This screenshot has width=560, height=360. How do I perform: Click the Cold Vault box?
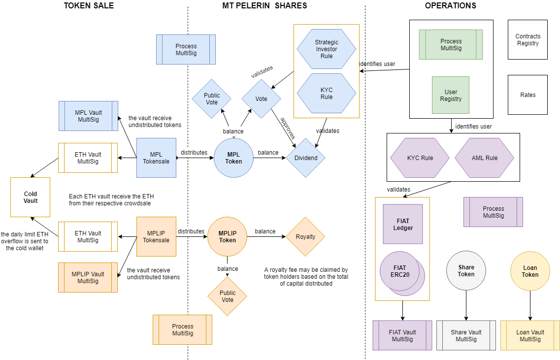tap(31, 197)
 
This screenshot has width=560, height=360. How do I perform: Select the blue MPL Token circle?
tap(233, 158)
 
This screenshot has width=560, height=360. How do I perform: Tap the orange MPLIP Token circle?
tap(227, 237)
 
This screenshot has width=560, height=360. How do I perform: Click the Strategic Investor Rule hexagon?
tap(327, 49)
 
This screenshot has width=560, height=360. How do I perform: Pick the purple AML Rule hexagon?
tap(484, 158)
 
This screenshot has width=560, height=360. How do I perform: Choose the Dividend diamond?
tap(305, 158)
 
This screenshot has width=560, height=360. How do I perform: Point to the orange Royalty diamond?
tap(305, 237)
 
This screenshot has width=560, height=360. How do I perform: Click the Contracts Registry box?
tap(527, 40)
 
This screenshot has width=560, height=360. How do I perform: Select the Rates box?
tap(527, 95)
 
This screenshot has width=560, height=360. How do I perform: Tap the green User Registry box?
tap(451, 95)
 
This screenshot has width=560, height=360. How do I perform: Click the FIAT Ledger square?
tap(403, 224)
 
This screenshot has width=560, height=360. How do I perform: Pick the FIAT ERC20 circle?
tap(400, 272)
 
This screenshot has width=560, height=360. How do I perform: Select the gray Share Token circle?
tap(466, 271)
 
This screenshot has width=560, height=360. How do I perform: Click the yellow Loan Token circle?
tap(530, 271)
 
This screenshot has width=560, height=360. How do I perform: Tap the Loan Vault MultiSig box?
tap(530, 335)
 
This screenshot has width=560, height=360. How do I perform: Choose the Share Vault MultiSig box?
tap(466, 335)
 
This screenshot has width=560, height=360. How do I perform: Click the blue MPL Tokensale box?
tap(156, 158)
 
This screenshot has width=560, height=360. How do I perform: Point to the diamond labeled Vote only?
tap(261, 99)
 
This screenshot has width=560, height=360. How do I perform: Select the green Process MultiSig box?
tap(451, 45)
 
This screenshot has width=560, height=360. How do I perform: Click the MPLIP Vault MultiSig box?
tap(88, 278)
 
